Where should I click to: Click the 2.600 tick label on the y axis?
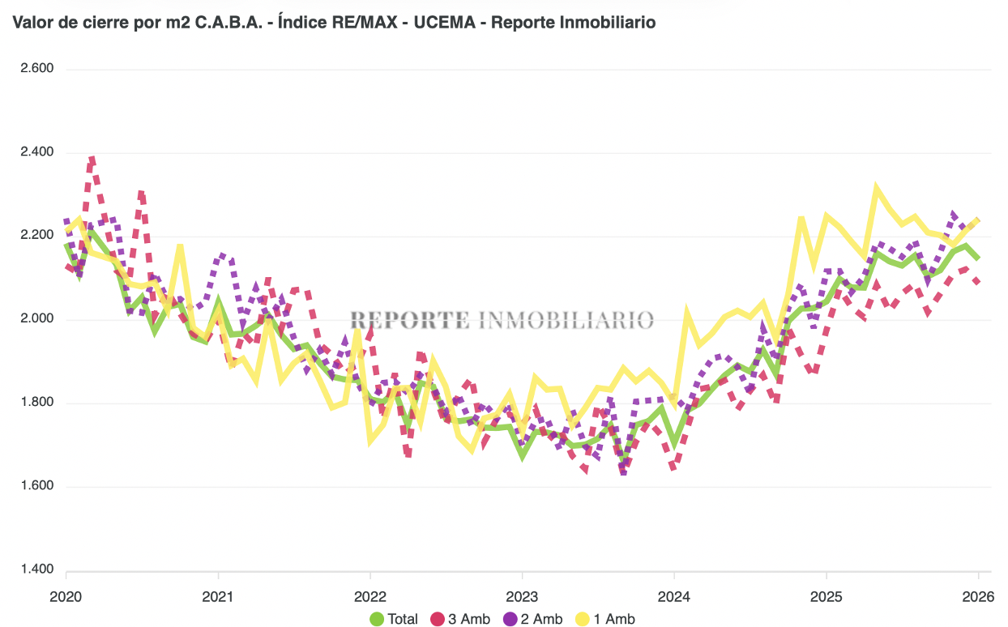[x=36, y=69]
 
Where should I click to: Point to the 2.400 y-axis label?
[x=36, y=152]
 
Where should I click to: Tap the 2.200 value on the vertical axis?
[x=36, y=236]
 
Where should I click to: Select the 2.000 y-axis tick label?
[x=36, y=319]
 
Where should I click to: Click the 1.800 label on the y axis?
[x=36, y=403]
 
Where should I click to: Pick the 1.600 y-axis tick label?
[x=36, y=486]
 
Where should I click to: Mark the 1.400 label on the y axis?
[x=36, y=569]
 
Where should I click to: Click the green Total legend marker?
[x=376, y=619]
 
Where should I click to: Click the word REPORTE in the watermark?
[x=409, y=320]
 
